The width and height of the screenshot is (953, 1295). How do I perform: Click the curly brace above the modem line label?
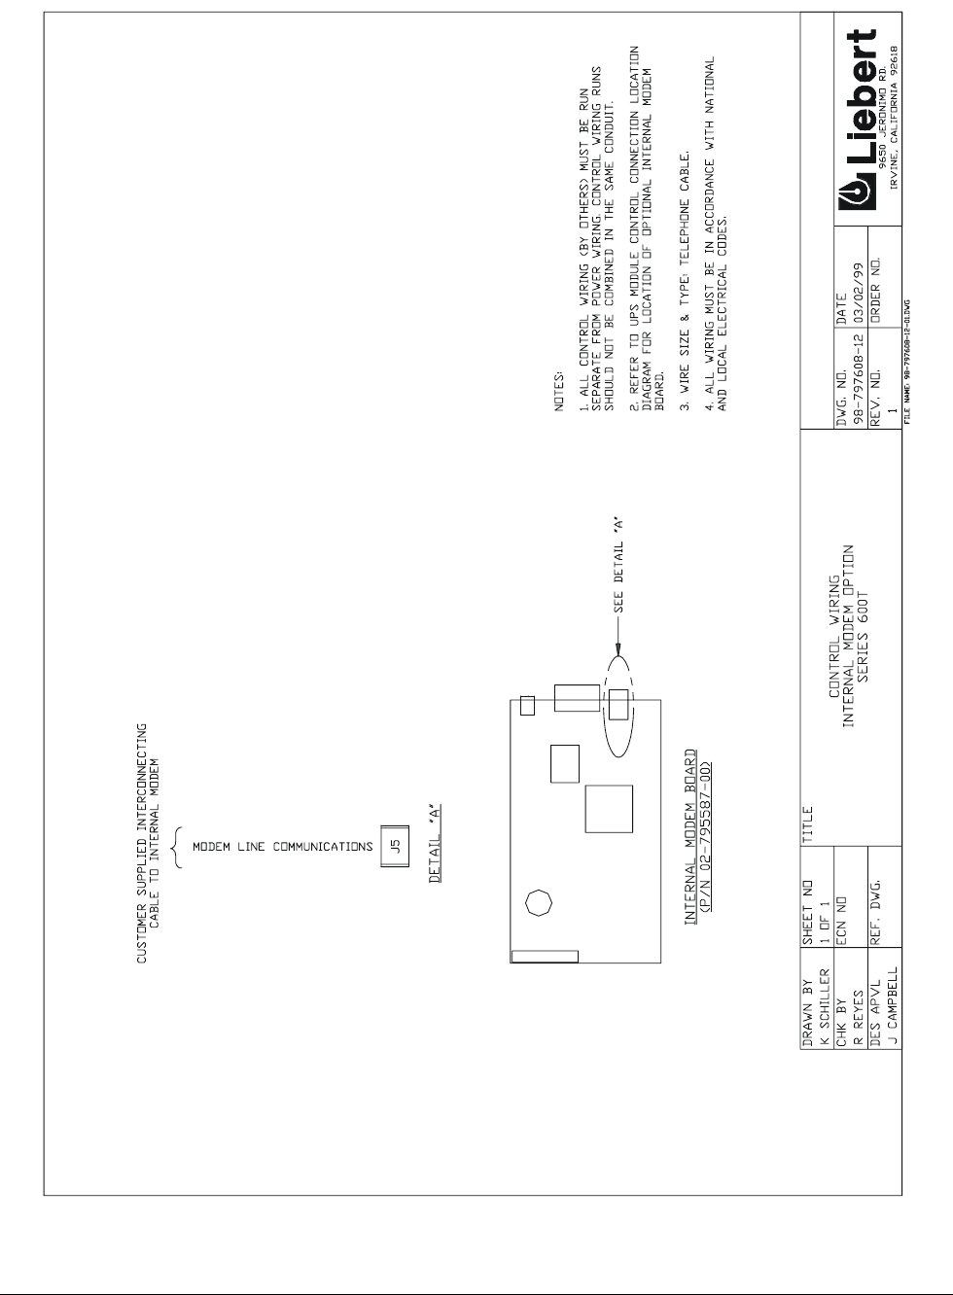(x=175, y=847)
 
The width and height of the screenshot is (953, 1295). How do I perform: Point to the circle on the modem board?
(x=537, y=903)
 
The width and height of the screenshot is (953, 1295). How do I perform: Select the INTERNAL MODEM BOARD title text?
(x=690, y=835)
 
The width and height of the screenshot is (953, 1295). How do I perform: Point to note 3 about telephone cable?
(x=685, y=281)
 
